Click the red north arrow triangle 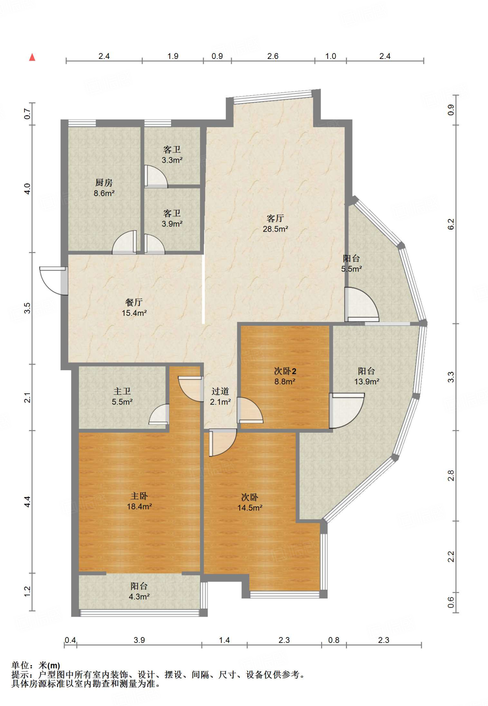pos(32,57)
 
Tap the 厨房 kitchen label pos(104,183)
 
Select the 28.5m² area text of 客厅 pos(276,229)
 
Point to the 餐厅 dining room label pos(134,302)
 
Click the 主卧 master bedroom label pos(139,496)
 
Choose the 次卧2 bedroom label pos(285,371)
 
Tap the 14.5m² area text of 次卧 pos(250,508)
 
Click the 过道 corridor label pos(220,391)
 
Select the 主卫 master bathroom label pos(122,391)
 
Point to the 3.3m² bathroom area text pos(172,160)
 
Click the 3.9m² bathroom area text pos(172,224)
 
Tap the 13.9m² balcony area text pos(367,382)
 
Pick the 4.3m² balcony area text pos(139,597)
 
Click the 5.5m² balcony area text pos(351,269)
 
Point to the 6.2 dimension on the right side pos(451,224)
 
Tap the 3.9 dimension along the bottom pos(139,640)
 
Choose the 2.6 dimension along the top pos(273,56)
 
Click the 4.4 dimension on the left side pos(28,502)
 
